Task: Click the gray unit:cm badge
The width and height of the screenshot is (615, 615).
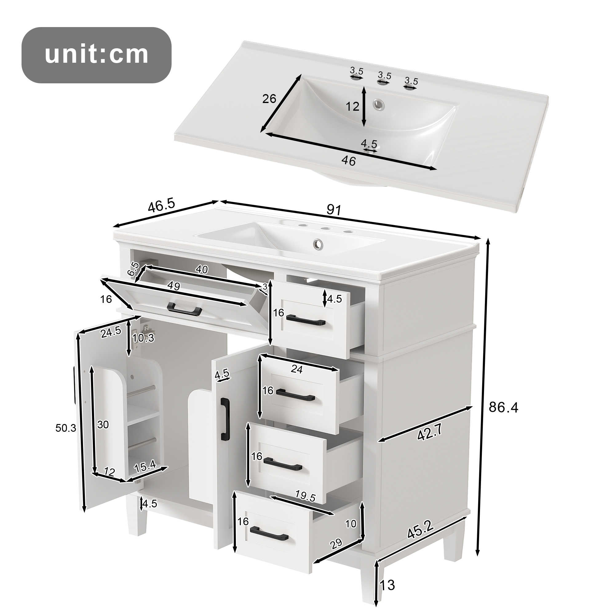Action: pyautogui.click(x=97, y=55)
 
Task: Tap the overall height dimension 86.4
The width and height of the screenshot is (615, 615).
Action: pyautogui.click(x=504, y=407)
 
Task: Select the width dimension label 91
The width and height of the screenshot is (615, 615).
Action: pyautogui.click(x=334, y=210)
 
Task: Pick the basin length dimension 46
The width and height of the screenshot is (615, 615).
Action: pyautogui.click(x=348, y=161)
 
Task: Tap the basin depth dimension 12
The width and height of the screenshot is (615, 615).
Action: pyautogui.click(x=352, y=106)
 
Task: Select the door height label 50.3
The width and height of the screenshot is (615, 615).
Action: pyautogui.click(x=66, y=428)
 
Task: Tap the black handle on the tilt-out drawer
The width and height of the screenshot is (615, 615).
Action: pyautogui.click(x=184, y=308)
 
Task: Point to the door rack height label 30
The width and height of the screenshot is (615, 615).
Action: pyautogui.click(x=103, y=425)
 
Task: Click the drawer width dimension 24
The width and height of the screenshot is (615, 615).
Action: pyautogui.click(x=297, y=369)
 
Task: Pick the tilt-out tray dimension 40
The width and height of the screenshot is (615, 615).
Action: pyautogui.click(x=202, y=269)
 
